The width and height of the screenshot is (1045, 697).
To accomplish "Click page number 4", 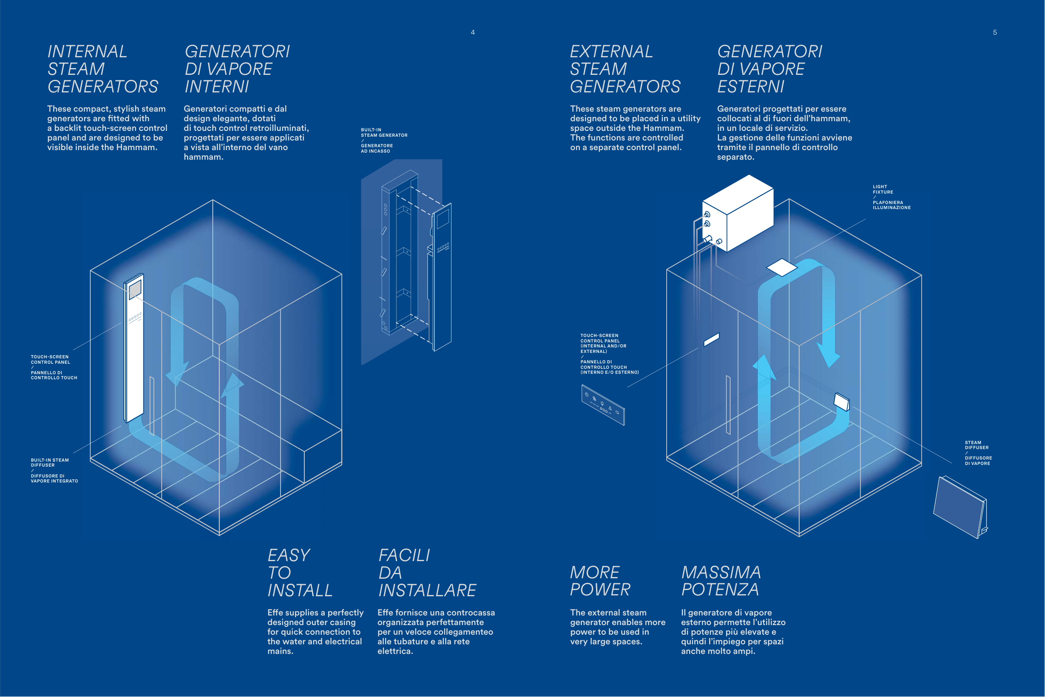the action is [473, 33].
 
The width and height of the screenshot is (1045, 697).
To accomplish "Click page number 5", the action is [995, 33].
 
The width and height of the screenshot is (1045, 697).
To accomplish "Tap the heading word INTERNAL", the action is [87, 51].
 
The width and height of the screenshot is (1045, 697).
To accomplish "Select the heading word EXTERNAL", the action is [612, 51].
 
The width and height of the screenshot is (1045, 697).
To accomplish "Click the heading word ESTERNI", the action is [751, 87].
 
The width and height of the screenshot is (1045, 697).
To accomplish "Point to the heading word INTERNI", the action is [217, 87].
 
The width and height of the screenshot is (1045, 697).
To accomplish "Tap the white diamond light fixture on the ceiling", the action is [782, 267].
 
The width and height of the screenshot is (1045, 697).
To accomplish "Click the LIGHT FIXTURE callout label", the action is [891, 197].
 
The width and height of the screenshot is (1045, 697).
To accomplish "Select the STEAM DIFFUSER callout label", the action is [978, 453].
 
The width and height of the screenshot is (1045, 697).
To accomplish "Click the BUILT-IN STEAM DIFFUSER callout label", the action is [54, 470].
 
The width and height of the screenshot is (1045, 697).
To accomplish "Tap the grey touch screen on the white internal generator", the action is [135, 289].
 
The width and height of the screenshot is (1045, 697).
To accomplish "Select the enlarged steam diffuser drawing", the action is [961, 507].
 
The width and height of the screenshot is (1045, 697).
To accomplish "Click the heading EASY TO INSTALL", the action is [300, 572].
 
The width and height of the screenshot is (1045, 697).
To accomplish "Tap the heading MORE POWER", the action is [600, 581].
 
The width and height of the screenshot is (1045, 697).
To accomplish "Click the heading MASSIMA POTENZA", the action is [721, 581].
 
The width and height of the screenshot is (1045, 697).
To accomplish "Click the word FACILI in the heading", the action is [404, 555].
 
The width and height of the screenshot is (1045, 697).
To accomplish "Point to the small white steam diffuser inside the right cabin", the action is [841, 402].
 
